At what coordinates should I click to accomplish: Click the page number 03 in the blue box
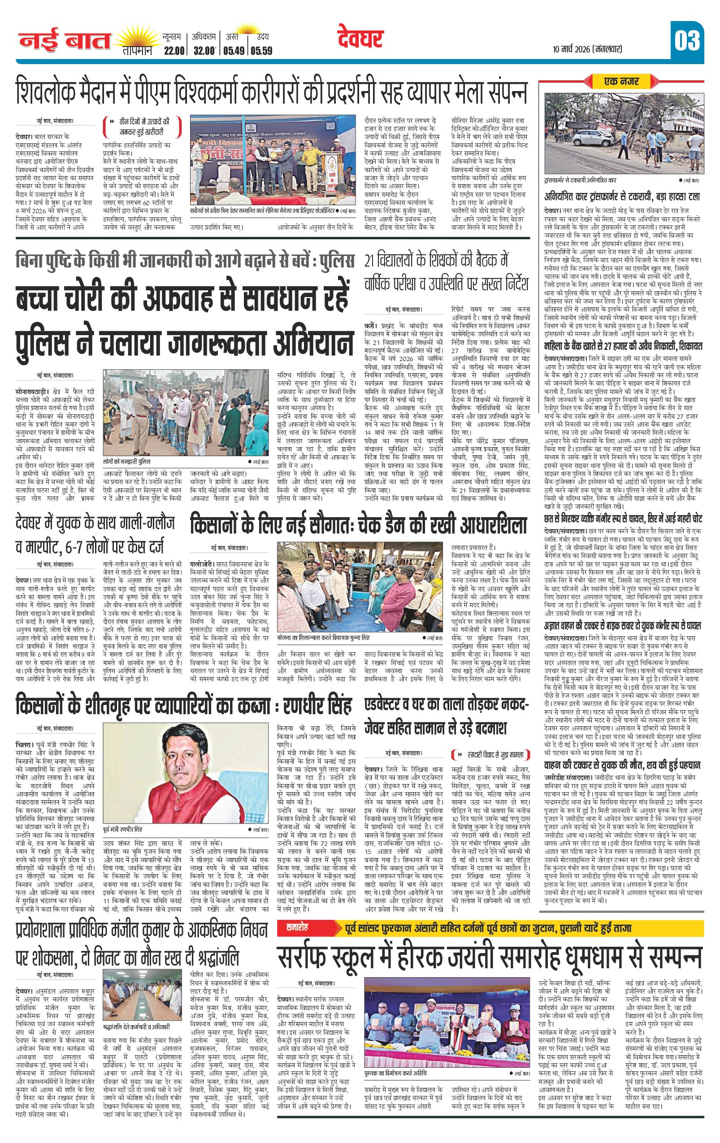pos(686,41)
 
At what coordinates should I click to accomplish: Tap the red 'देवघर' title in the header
pos(360,39)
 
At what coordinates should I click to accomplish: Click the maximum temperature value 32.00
pos(204,51)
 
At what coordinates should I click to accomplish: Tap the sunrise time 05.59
pos(262,51)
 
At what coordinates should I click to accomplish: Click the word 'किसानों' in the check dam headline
pos(220,526)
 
